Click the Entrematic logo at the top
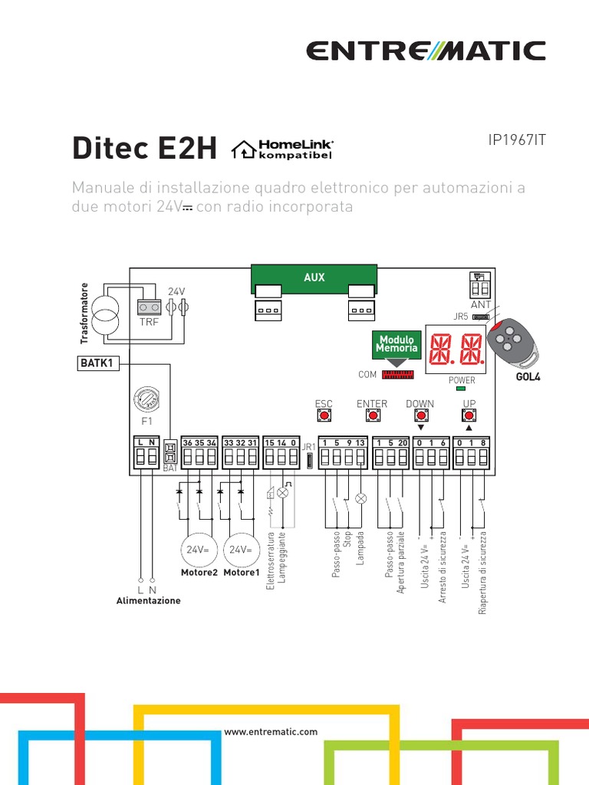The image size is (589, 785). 426,51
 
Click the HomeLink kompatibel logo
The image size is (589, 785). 282,149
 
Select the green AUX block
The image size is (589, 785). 314,278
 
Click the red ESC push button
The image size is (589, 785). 324,415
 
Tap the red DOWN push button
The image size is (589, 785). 420,415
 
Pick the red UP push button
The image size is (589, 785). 469,415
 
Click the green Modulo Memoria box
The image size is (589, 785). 396,344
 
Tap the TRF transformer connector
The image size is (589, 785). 148,307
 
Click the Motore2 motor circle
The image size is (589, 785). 199,550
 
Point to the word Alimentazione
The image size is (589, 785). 148,601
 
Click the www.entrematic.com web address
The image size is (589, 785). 271,732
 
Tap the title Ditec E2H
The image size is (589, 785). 145,148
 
